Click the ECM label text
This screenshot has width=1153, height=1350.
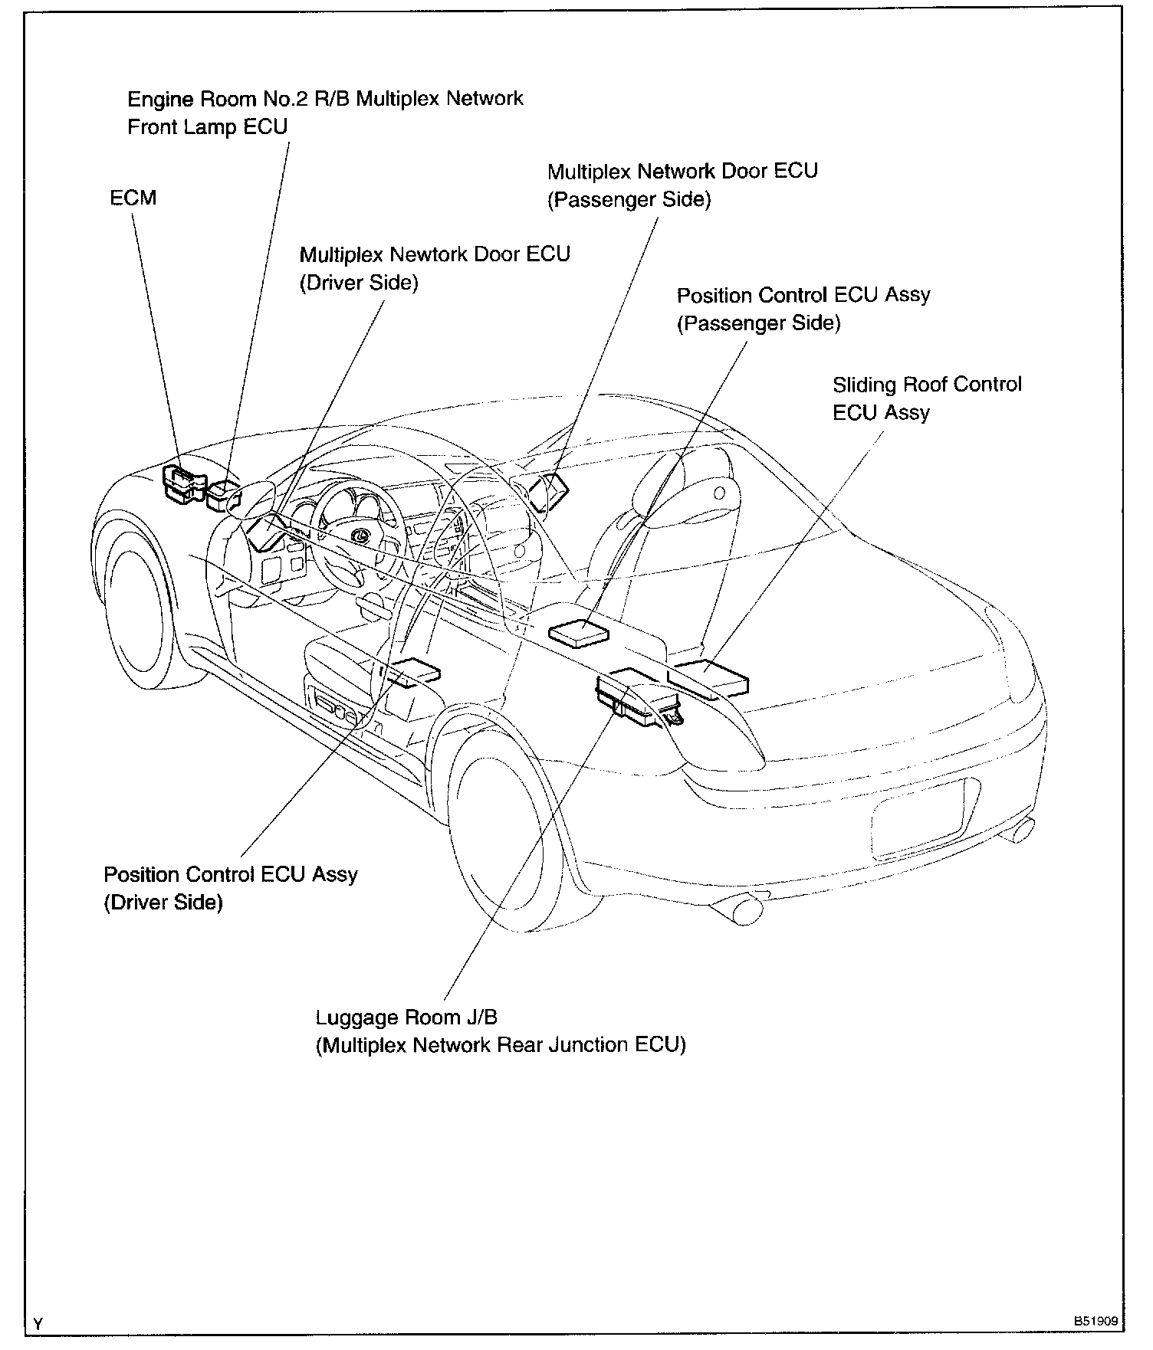click(x=133, y=198)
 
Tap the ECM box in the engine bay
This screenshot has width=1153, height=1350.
click(x=183, y=484)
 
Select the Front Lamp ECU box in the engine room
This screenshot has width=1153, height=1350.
click(x=224, y=494)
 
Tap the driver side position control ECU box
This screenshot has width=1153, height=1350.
click(x=415, y=671)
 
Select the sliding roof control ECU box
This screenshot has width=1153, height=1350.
click(x=708, y=678)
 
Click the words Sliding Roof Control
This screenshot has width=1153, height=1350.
click(x=927, y=384)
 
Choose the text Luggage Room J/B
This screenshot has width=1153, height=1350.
click(x=406, y=1017)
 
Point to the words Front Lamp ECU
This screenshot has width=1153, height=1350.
click(x=207, y=126)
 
